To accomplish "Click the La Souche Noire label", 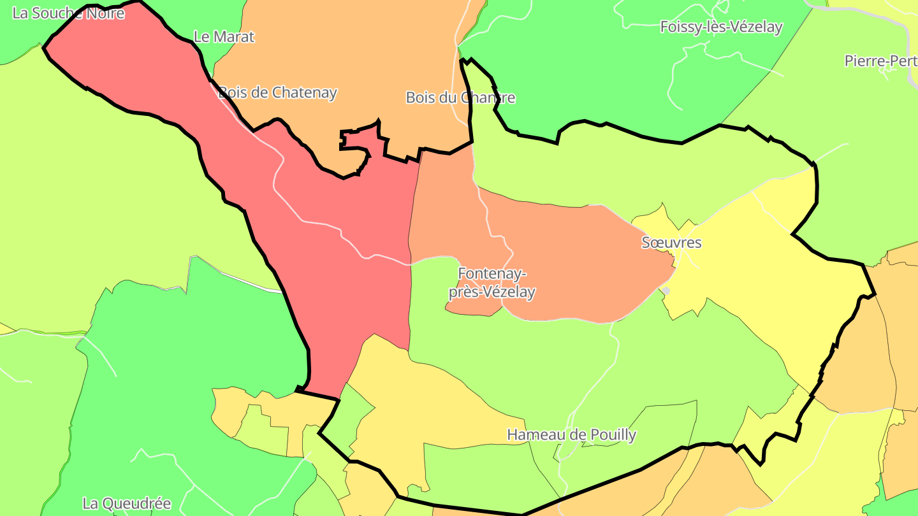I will click(68, 13).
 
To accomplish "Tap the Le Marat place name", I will click(223, 37).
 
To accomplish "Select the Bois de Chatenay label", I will click(277, 92).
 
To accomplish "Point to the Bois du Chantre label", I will click(460, 98).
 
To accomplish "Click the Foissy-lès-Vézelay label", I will click(721, 27).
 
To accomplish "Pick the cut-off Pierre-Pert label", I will click(880, 61).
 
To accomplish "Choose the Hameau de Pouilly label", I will click(571, 435).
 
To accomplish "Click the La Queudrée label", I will click(127, 503).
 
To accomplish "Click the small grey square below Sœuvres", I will click(666, 291).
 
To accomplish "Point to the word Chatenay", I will click(304, 92).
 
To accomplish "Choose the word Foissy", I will click(680, 27).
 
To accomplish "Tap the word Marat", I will click(233, 37).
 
